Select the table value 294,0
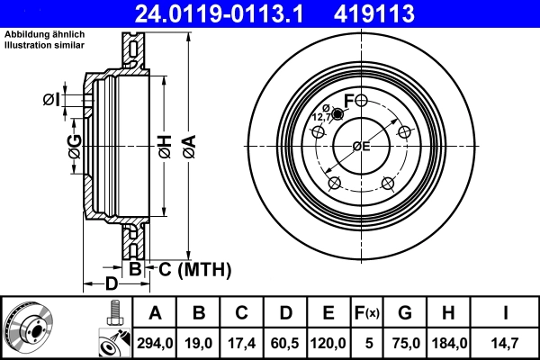pos(155,342)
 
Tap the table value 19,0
pos(198,342)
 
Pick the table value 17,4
pos(241,342)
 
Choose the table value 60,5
pos(284,342)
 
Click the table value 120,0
pos(328,342)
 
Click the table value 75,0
pos(404,342)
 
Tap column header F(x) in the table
pos(367,313)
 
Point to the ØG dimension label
pos(74,145)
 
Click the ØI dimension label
pos(51,100)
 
